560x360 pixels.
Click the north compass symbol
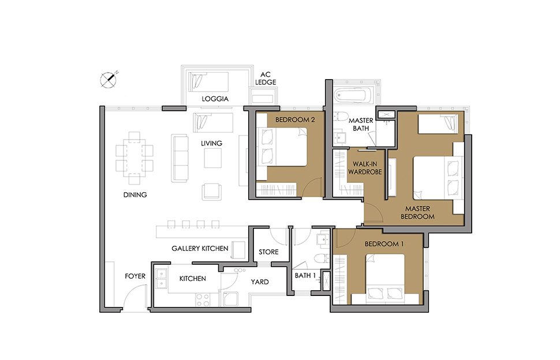click(x=109, y=80)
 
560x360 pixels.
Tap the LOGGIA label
click(x=215, y=99)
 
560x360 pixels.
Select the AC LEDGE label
click(x=266, y=78)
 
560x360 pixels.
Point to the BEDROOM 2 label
click(x=295, y=120)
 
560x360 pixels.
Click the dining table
click(x=135, y=157)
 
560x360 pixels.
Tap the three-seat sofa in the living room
click(x=180, y=158)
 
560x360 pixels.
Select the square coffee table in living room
click(x=213, y=158)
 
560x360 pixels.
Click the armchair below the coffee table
click(x=212, y=192)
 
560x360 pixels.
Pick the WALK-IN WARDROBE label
click(x=365, y=168)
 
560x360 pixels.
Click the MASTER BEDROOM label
click(x=417, y=213)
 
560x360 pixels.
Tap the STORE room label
click(x=268, y=252)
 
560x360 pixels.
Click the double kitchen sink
click(x=162, y=279)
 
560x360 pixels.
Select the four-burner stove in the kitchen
click(x=203, y=299)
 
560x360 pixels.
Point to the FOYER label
click(x=135, y=276)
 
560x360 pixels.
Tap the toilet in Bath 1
click(x=322, y=258)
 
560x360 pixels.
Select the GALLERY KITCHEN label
click(x=200, y=248)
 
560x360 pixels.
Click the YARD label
click(x=260, y=282)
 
